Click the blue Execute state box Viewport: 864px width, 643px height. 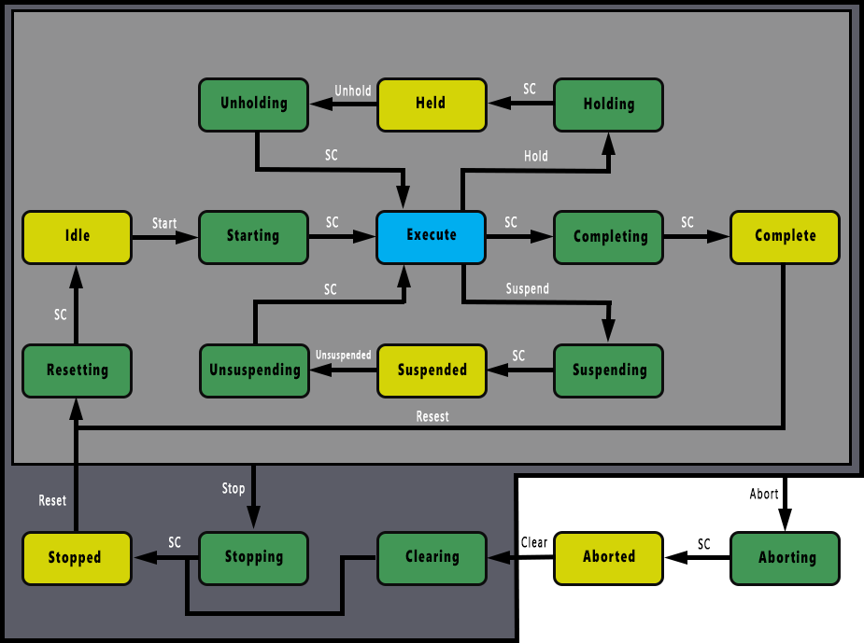tap(431, 236)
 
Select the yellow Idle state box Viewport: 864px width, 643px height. tap(77, 236)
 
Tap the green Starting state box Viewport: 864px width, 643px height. tap(253, 236)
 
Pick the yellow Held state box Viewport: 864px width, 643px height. tap(432, 104)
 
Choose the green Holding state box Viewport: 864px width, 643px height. tap(608, 105)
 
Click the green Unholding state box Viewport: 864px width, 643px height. tap(254, 104)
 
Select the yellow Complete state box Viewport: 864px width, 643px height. tap(785, 236)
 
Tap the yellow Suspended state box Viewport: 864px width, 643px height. tap(432, 370)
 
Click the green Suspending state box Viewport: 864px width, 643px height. tap(608, 370)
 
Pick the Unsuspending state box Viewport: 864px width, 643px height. tap(254, 370)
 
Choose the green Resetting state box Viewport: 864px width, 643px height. tap(77, 370)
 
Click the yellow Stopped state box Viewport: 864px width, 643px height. tap(76, 558)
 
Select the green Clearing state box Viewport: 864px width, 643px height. tap(432, 557)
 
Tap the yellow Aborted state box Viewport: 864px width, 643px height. tap(608, 557)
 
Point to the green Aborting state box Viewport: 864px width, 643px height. tap(786, 557)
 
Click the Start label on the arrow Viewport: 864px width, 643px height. tap(164, 223)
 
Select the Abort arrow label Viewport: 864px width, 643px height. tap(764, 494)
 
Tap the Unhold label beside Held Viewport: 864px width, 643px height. tap(353, 91)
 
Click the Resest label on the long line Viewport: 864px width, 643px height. tap(432, 416)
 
